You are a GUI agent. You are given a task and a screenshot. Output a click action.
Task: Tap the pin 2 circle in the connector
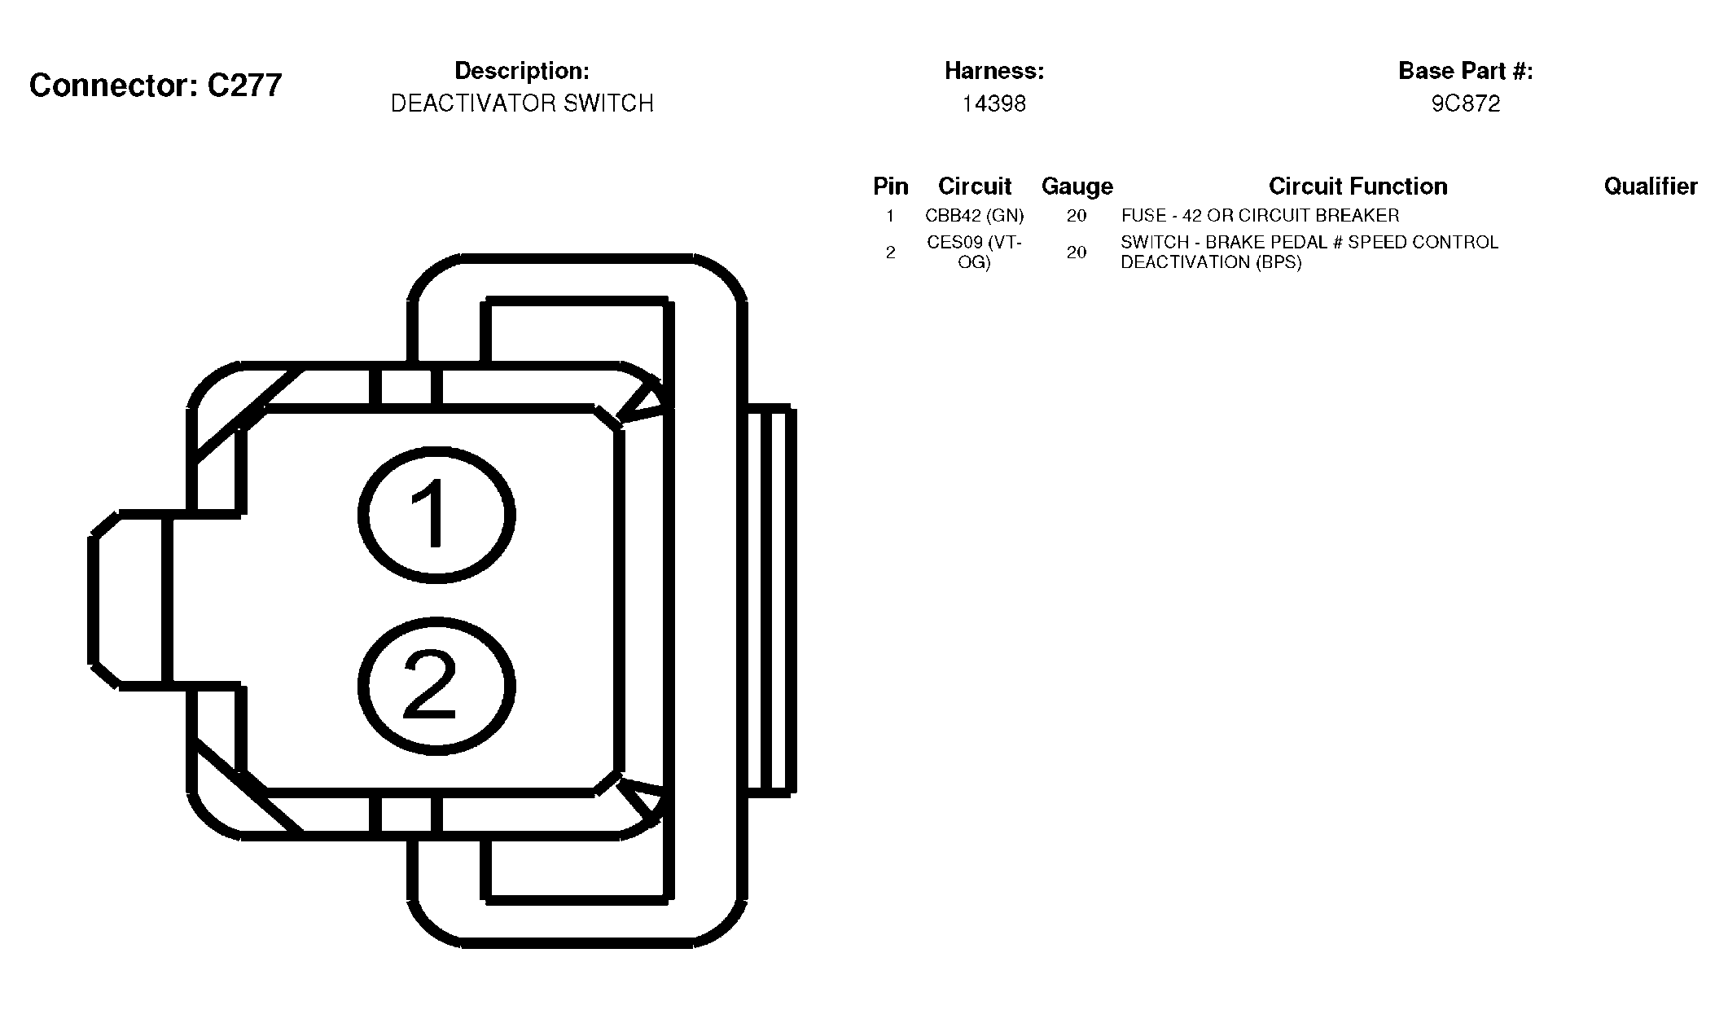point(436,627)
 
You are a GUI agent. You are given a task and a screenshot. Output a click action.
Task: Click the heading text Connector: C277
point(156,85)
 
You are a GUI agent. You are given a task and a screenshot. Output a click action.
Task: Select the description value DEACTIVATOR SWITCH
point(522,103)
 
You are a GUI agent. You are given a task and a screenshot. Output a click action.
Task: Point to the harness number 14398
point(994,103)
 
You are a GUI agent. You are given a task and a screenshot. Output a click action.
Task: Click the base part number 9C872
point(1466,103)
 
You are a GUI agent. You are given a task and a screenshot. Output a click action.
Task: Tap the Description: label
point(522,71)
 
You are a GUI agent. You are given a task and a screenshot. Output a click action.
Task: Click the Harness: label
point(994,71)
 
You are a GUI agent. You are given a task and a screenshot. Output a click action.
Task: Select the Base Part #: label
point(1466,71)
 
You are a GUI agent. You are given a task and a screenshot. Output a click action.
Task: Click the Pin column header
point(891,187)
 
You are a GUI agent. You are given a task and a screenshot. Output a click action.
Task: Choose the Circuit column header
point(975,187)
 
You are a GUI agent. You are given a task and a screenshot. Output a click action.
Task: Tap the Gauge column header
point(1077,187)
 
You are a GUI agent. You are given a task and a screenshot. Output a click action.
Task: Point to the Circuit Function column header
point(1358,187)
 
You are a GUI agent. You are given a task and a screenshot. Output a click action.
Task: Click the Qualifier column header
point(1651,187)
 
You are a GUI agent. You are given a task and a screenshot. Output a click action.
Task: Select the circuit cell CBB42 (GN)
point(975,216)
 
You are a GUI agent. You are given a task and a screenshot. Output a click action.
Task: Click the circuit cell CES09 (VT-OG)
point(975,253)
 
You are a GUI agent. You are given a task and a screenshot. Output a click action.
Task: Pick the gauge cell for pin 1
point(1077,216)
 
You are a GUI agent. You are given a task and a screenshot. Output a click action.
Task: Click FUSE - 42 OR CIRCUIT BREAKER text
point(1261,216)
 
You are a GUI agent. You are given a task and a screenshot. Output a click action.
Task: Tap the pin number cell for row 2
point(891,253)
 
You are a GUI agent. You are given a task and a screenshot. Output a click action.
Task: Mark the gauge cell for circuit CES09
point(1077,253)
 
